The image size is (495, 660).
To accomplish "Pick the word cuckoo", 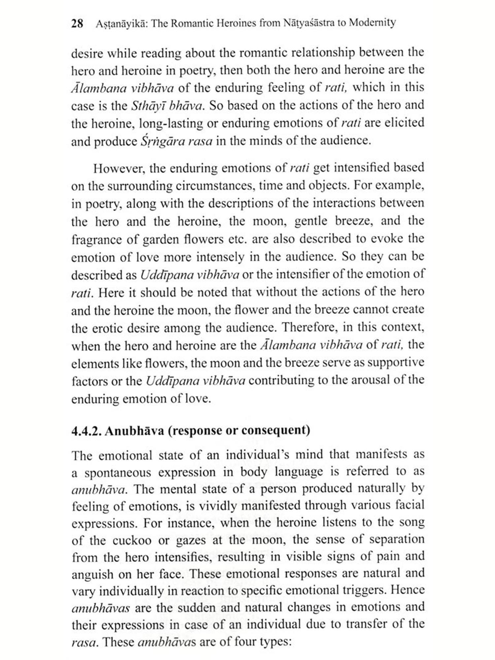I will (132, 541).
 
